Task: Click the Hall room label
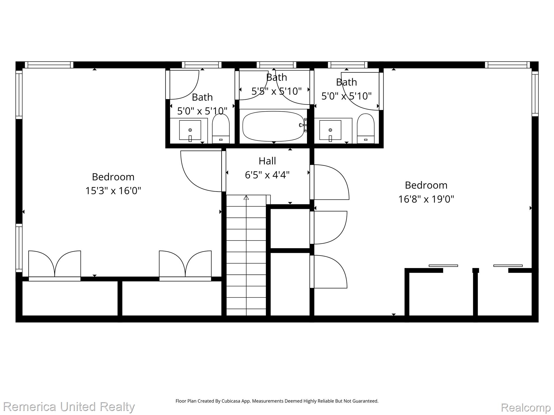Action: [267, 161]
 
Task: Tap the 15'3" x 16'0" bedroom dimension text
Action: [113, 191]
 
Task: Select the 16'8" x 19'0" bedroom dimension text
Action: [426, 199]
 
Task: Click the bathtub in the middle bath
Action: [273, 126]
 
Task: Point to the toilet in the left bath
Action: [221, 128]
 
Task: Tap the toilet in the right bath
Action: [366, 128]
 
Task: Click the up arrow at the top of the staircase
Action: [246, 198]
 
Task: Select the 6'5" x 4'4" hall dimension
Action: [267, 175]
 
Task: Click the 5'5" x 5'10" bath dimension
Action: [276, 91]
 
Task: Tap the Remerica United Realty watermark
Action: [69, 407]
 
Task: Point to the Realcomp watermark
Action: [526, 407]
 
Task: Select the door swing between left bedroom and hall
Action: [201, 171]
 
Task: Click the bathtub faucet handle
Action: [302, 125]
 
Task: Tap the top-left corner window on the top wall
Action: [49, 65]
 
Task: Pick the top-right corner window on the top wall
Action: [507, 65]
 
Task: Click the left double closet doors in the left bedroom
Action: [55, 264]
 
